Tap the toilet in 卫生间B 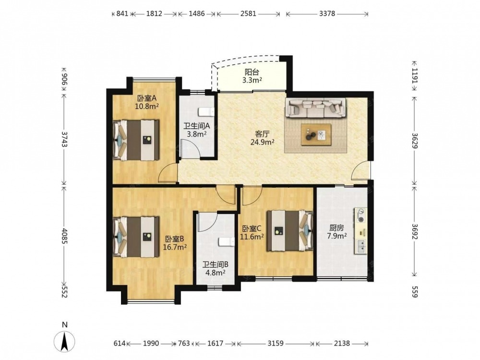pos(227,242)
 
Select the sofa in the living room pos(316,108)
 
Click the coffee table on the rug pos(316,134)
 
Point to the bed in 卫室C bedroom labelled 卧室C pos(290,231)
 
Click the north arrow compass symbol pos(64,340)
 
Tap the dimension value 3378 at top pos(327,14)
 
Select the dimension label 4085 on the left pos(64,236)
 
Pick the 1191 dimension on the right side pos(415,76)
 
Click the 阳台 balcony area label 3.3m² pos(252,81)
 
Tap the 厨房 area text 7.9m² pos(337,236)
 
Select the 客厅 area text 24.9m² pos(262,142)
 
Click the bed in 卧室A pos(136,140)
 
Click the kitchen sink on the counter pos(361,246)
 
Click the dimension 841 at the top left pos(122,14)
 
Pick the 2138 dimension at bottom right pos(342,344)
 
